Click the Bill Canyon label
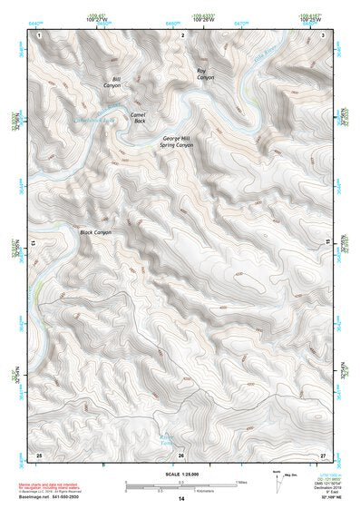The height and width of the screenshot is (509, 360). (x=115, y=83)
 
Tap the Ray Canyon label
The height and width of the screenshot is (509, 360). (x=206, y=73)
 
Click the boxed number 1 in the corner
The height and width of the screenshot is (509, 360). (x=38, y=34)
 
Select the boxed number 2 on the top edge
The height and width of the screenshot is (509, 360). (x=182, y=34)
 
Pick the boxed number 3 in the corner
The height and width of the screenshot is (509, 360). (x=324, y=34)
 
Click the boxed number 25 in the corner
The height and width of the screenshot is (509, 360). (x=38, y=454)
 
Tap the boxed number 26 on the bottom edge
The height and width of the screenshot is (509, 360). (x=181, y=454)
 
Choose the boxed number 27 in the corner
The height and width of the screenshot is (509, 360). (x=323, y=454)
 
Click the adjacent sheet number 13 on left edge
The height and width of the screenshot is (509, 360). (x=33, y=243)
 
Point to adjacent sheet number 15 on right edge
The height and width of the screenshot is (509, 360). (x=329, y=243)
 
